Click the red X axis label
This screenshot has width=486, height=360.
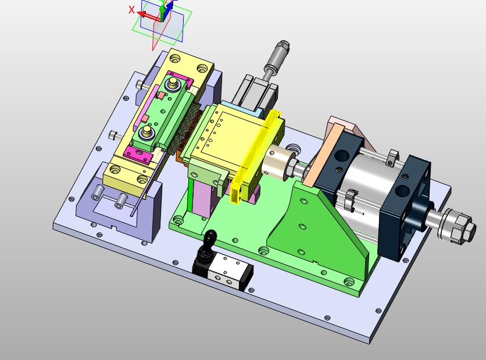tap(132, 10)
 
